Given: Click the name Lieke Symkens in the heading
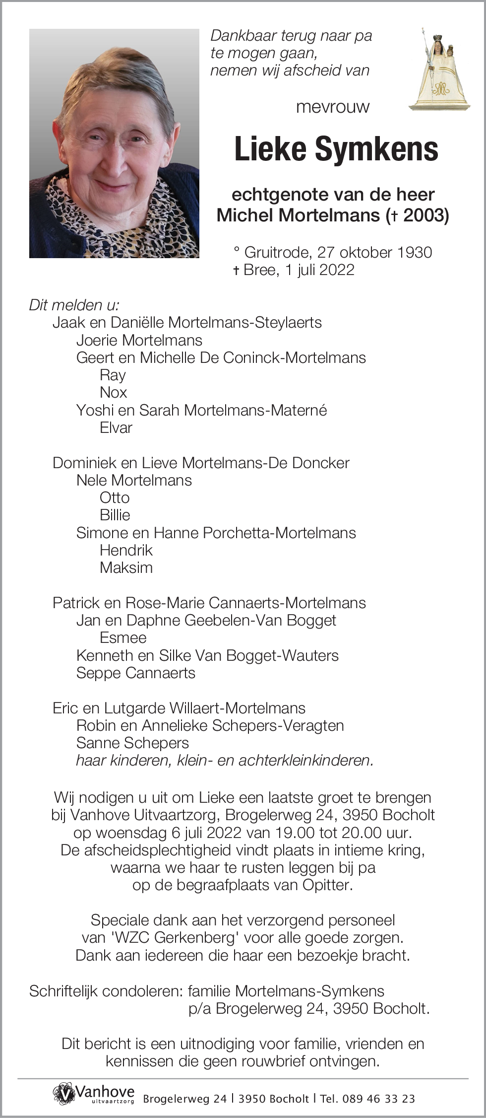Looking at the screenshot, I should pyautogui.click(x=336, y=149).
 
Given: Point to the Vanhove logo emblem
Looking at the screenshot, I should pyautogui.click(x=64, y=1094).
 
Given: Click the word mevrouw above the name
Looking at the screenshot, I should pyautogui.click(x=333, y=107).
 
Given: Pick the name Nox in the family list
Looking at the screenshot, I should pyautogui.click(x=113, y=393).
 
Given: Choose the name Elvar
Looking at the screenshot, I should pyautogui.click(x=116, y=427).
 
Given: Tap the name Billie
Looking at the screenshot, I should pyautogui.click(x=115, y=515).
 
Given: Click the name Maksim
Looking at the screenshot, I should pyautogui.click(x=126, y=567).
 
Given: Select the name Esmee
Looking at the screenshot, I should pyautogui.click(x=123, y=637).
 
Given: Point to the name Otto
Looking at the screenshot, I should pyautogui.click(x=115, y=497).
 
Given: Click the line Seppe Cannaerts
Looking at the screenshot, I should pyautogui.click(x=136, y=673).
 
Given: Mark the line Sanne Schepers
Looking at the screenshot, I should pyautogui.click(x=132, y=743).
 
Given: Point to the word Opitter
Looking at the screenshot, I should pyautogui.click(x=327, y=885).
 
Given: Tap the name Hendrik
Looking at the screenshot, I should pyautogui.click(x=126, y=550).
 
